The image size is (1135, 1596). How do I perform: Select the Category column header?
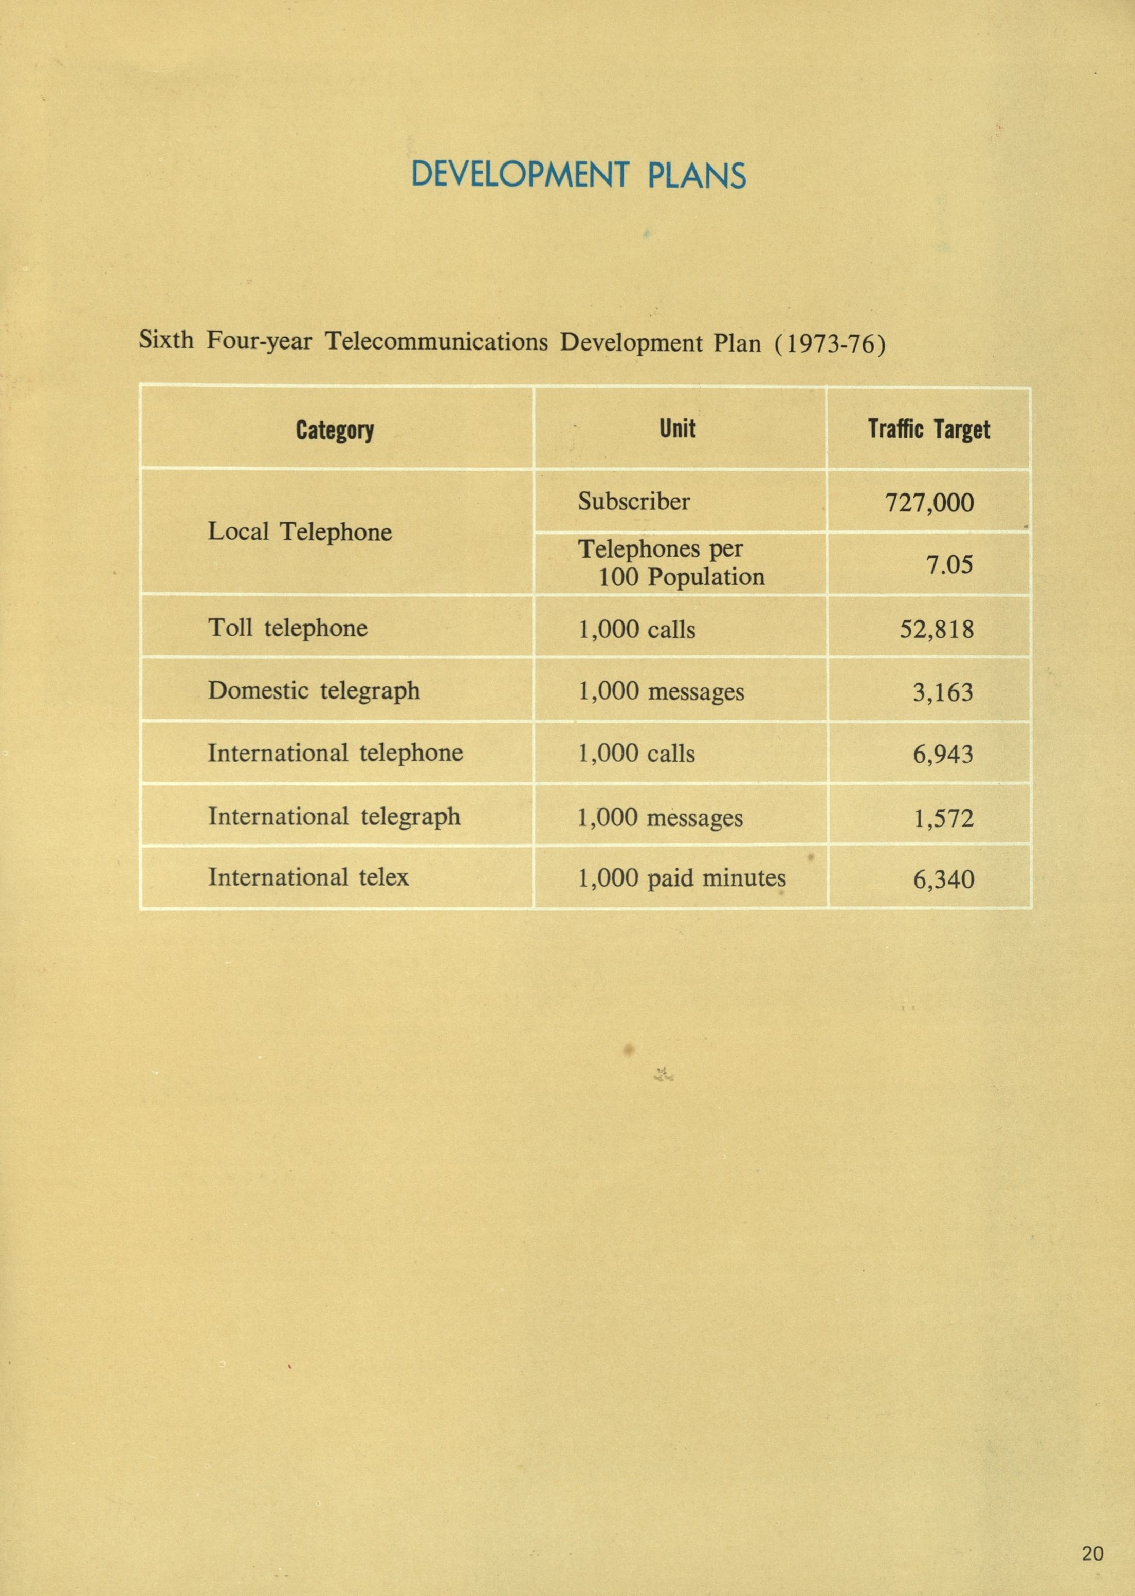tap(335, 430)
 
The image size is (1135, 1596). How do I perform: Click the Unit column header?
tap(677, 428)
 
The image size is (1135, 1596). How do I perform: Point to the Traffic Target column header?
tap(928, 429)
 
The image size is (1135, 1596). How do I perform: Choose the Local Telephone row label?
tap(299, 533)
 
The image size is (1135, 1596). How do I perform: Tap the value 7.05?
tap(949, 564)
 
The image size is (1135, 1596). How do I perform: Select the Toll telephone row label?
tap(287, 628)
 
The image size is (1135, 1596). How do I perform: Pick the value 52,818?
tap(936, 630)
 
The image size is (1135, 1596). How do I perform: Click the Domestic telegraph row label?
tap(314, 691)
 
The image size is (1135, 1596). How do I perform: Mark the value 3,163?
tap(943, 692)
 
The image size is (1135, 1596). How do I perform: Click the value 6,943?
tap(943, 755)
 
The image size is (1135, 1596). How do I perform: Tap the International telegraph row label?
tap(334, 817)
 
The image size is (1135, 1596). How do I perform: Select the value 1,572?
tap(943, 818)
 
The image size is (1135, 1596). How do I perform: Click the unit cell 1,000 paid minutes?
tap(682, 879)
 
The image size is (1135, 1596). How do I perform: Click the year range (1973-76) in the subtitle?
tap(830, 344)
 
